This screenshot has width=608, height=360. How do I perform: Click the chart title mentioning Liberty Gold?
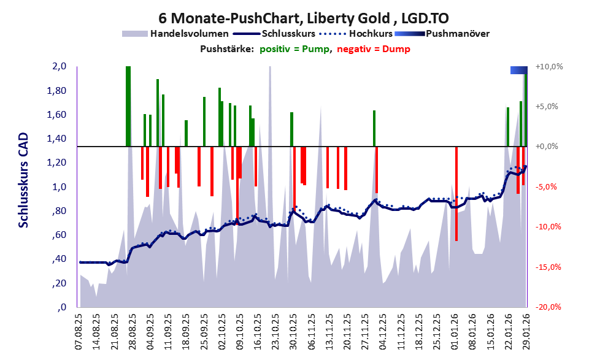(303, 17)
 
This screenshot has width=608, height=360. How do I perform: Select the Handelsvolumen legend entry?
(190, 34)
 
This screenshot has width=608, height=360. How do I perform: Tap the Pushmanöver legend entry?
(456, 34)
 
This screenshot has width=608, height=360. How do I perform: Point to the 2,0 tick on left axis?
(59, 67)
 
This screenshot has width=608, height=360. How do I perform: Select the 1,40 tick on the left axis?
(57, 139)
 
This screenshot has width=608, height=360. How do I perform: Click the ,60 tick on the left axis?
(59, 236)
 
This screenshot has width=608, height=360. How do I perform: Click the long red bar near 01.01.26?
(456, 193)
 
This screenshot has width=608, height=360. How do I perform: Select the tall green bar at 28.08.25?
(128, 106)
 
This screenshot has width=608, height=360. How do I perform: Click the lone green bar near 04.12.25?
(374, 128)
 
